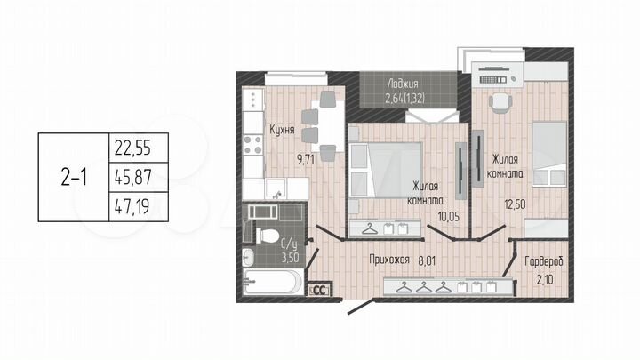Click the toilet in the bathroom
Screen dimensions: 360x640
[x=266, y=236]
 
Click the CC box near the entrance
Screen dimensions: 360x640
[x=318, y=289]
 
